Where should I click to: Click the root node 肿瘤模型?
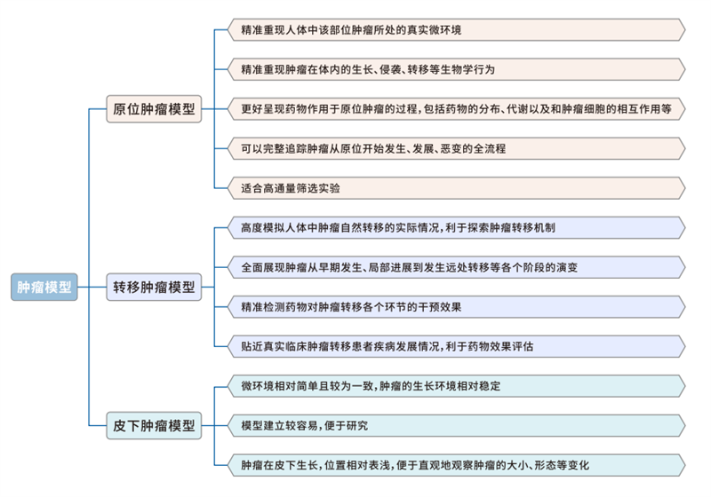(x=44, y=287)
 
